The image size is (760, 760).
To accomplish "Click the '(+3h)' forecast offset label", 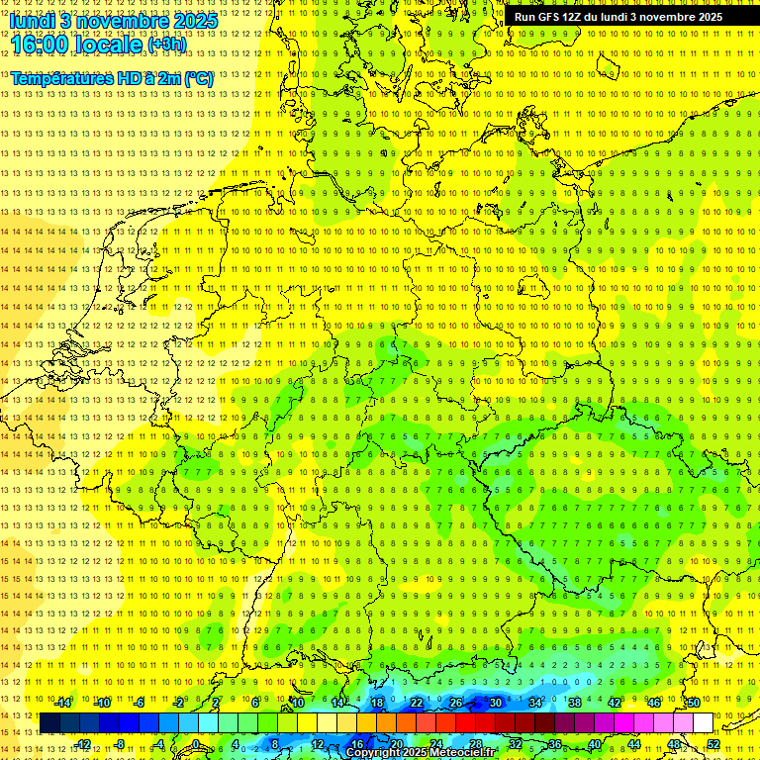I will (166, 45).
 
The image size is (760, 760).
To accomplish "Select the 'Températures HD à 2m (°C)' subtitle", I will (112, 78).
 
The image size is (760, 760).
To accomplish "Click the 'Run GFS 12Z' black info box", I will (618, 17).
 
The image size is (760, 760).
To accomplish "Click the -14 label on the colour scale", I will (62, 703).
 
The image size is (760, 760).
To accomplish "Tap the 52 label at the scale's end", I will (713, 744).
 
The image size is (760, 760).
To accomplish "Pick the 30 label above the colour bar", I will (495, 703).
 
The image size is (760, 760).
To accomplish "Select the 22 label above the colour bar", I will (417, 703).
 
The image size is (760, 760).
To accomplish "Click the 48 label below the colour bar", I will (674, 744).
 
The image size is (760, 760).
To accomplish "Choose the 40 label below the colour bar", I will (595, 744).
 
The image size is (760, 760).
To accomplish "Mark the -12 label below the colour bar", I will (82, 744).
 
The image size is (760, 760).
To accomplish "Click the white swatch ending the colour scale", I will (703, 723).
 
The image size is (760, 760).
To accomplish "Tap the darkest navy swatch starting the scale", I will (49, 723).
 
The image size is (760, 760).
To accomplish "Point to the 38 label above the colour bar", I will (574, 703).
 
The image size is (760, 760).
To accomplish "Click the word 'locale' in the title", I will (110, 44).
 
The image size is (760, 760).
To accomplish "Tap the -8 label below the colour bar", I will (122, 744).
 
